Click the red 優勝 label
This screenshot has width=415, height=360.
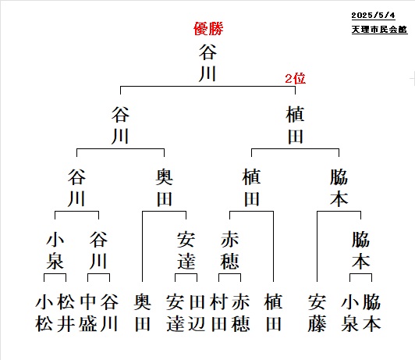[x=208, y=29]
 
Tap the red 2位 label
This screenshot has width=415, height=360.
[x=295, y=79]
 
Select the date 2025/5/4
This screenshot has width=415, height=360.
[x=373, y=16]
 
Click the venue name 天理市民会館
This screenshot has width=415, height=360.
[x=379, y=30]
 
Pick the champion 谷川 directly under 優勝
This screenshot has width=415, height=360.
[x=207, y=63]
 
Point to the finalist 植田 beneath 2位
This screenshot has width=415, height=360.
[x=295, y=125]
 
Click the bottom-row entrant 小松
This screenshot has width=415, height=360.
[x=44, y=312]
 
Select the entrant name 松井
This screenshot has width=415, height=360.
[x=66, y=312]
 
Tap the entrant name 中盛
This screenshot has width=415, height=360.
[x=87, y=312]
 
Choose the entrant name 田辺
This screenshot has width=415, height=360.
[x=197, y=312]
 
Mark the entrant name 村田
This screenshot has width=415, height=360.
[x=218, y=312]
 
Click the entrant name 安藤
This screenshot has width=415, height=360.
[x=317, y=312]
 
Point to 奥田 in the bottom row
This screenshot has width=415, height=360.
[x=143, y=312]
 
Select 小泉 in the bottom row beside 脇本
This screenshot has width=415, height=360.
[x=349, y=312]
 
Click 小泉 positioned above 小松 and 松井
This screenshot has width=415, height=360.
[x=55, y=251]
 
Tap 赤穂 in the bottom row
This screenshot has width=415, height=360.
[x=240, y=312]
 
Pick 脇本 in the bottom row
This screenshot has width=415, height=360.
[x=371, y=312]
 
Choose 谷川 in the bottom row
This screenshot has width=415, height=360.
[x=109, y=312]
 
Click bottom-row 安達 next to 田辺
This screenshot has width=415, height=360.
[x=175, y=312]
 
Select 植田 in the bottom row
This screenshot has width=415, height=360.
[x=273, y=312]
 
